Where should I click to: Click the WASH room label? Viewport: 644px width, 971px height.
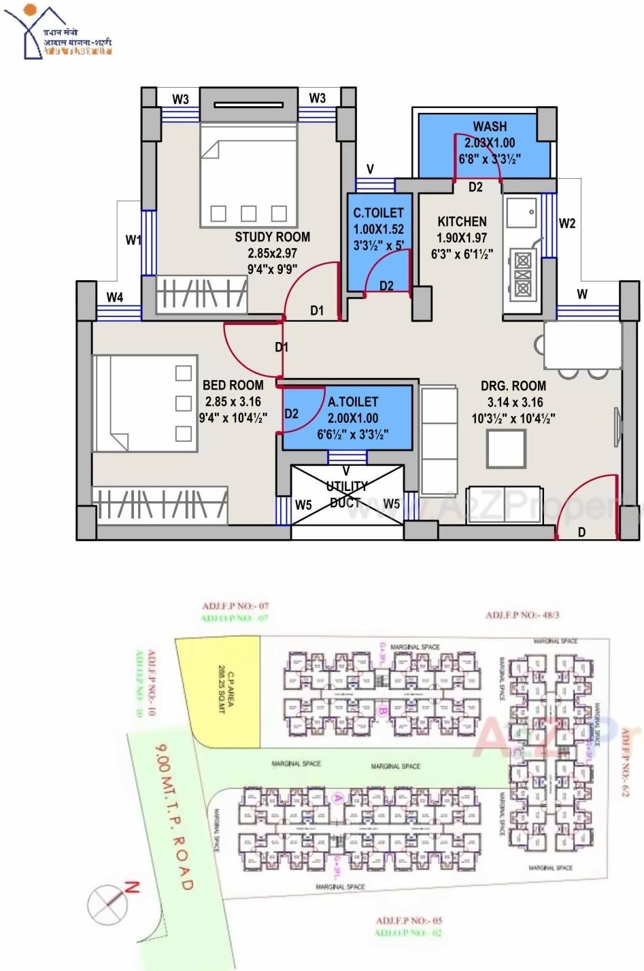pos(490,126)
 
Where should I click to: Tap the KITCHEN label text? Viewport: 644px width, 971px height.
pos(462,222)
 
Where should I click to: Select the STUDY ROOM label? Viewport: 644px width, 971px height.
pos(272,237)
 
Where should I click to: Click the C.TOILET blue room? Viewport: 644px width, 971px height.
pos(378,241)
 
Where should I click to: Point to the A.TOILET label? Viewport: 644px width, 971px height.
pos(352,402)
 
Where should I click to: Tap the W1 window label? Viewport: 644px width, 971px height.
pos(133,240)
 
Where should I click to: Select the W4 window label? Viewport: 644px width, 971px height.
pos(115,297)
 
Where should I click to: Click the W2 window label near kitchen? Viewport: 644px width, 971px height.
pos(566,223)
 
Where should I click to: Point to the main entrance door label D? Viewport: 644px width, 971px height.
pos(581,532)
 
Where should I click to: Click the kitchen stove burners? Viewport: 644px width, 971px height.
pos(522,274)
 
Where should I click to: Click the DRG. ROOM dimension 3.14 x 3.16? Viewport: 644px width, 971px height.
pos(514,402)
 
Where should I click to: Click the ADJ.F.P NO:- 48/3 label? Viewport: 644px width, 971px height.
pos(522,615)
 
